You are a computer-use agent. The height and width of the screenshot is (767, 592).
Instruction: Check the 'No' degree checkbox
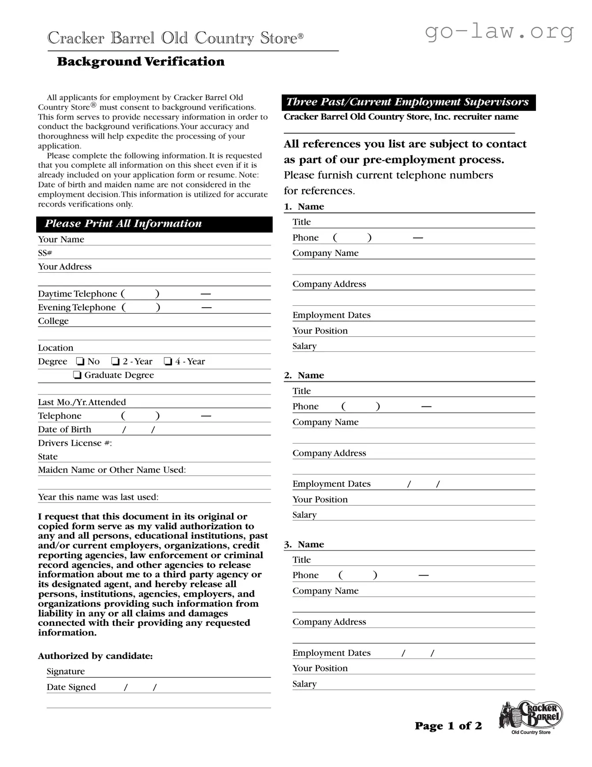click(80, 361)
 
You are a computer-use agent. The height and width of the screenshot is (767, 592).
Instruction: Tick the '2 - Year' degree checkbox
click(115, 361)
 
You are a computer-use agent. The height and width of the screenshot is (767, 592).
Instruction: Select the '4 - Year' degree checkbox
click(168, 361)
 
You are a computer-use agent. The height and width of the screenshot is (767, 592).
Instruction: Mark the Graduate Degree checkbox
click(78, 375)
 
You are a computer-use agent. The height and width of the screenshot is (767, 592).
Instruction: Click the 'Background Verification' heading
click(141, 61)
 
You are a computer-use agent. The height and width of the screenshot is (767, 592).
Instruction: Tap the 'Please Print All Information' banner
click(154, 224)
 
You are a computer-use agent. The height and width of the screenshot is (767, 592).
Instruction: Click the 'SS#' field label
click(45, 253)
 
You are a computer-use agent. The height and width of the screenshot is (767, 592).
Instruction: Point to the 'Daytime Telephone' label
click(78, 294)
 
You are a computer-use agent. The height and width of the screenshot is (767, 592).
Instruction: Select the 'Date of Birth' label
click(64, 429)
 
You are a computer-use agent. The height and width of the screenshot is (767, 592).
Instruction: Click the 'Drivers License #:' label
click(75, 443)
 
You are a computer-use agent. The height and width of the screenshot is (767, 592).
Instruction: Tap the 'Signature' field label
click(66, 671)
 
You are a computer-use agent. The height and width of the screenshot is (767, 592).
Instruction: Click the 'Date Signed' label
click(71, 687)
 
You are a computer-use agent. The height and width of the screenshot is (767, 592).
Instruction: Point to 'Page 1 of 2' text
click(448, 726)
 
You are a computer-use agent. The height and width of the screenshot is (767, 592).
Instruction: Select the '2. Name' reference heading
click(304, 376)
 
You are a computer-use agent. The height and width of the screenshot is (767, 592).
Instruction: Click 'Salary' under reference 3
click(305, 684)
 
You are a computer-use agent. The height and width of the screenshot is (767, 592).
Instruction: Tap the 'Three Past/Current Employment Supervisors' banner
click(408, 102)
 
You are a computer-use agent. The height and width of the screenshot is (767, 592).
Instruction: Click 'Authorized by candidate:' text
click(95, 656)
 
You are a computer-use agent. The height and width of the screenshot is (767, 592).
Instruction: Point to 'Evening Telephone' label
click(77, 308)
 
